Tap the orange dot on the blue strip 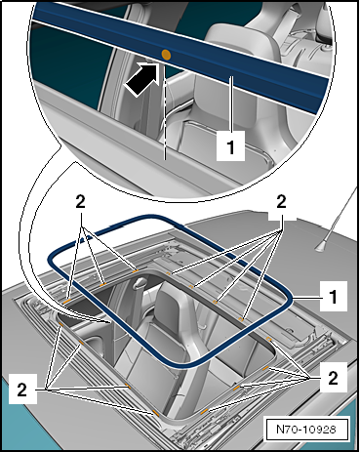click(165, 57)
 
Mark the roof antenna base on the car click(319, 249)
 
